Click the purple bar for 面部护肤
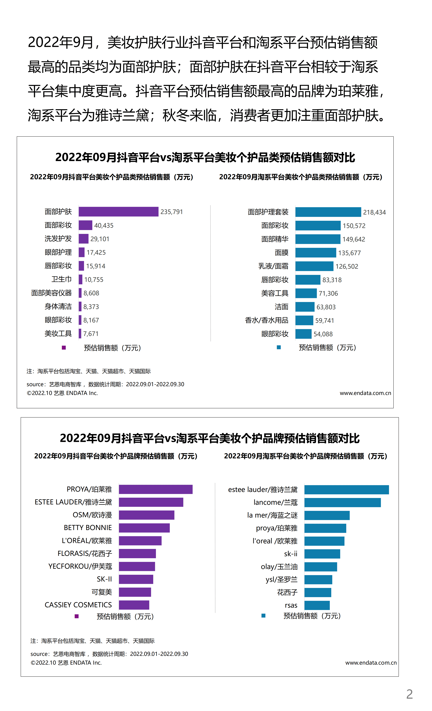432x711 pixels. [118, 211]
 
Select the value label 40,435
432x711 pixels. [104, 225]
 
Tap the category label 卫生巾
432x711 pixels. [61, 279]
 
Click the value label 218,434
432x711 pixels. [374, 212]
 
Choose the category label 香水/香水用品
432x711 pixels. [266, 320]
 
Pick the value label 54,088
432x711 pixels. [323, 334]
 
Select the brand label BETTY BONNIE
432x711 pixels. [88, 528]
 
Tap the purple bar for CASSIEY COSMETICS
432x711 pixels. [134, 605]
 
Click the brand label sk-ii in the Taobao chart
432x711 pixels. [290, 554]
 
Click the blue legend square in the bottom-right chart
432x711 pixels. [263, 616]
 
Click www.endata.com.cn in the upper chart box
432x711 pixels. [365, 393]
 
